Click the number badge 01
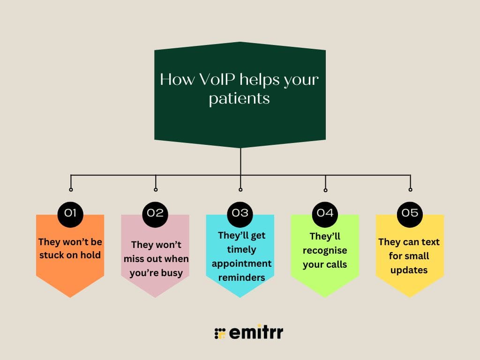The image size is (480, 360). (70, 213)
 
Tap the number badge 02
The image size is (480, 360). (155, 213)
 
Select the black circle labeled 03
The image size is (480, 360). (240, 213)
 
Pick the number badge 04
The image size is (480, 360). (325, 213)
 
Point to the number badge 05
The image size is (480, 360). (410, 213)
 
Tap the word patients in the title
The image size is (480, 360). (239, 99)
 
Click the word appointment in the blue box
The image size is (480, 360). (241, 263)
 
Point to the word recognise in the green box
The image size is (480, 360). (325, 250)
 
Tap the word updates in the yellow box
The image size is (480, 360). (409, 270)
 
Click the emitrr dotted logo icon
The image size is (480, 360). (220, 333)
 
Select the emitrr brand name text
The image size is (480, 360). (256, 333)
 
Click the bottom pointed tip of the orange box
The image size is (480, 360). (70, 297)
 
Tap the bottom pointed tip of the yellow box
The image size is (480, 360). (410, 297)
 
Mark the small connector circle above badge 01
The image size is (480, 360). (71, 190)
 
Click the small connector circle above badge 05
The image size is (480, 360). (410, 190)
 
